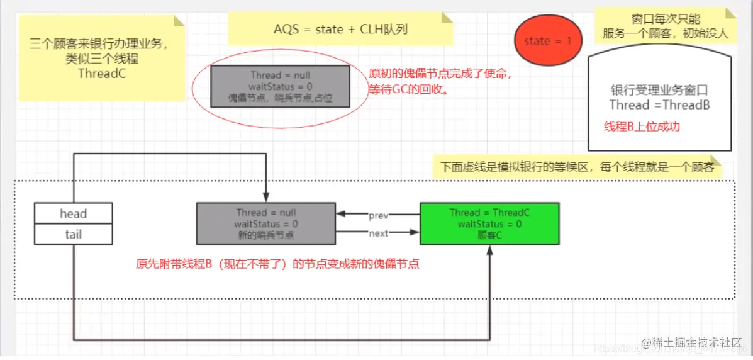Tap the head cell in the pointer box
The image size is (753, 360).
point(74,213)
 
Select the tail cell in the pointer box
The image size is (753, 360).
point(74,235)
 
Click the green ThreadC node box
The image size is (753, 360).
point(489,223)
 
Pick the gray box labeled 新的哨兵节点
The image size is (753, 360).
point(265,223)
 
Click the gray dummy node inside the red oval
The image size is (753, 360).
point(280,86)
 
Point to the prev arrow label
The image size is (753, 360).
point(379,215)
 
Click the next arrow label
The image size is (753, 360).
point(379,233)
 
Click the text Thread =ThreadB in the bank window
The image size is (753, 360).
point(659,105)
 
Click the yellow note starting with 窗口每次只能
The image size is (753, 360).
point(665,26)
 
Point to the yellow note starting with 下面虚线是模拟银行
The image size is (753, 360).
point(576,167)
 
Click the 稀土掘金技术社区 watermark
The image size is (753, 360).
point(696,342)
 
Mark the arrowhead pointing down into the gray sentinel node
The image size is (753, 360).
point(267,197)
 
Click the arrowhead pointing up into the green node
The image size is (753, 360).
point(489,250)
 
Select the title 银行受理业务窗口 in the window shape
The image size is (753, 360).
point(659,89)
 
